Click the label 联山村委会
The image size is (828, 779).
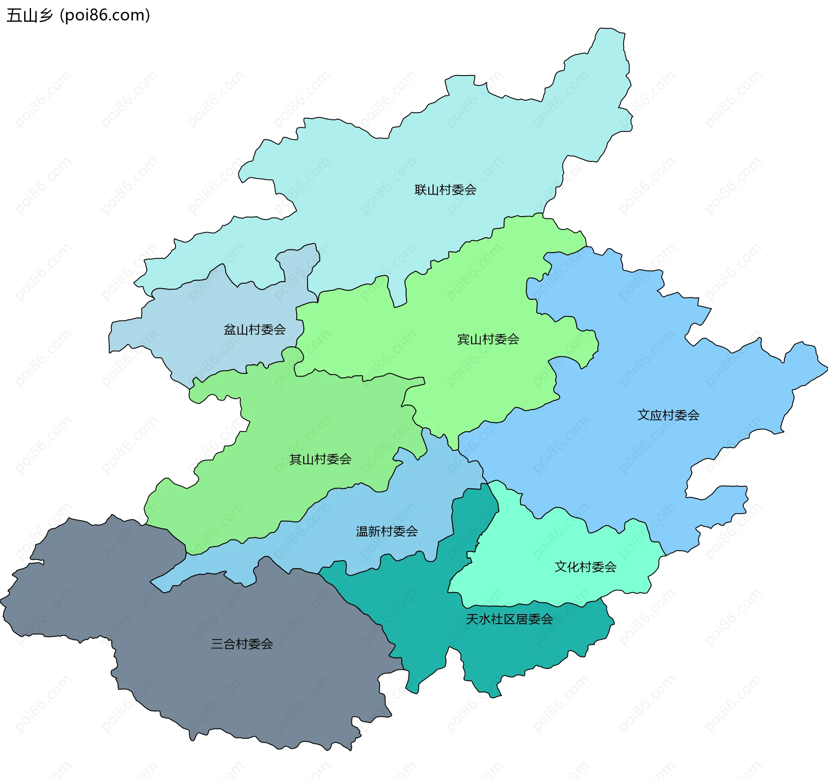coord(445,190)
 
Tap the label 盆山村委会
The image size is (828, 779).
coord(254,330)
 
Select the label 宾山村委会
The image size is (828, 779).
coord(488,339)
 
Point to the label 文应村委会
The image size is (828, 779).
coord(668,415)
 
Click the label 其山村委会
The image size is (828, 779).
coord(320,459)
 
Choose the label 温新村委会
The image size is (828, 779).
coord(386,531)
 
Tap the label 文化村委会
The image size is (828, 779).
coord(585,567)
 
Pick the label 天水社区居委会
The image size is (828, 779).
coord(509,619)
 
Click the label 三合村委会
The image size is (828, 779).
coord(241,644)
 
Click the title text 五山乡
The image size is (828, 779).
coord(29,16)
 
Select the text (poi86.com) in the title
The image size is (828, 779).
coord(105,16)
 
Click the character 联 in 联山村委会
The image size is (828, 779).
coord(420,190)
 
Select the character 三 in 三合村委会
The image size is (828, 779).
coord(217,644)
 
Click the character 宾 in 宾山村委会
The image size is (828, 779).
coord(463,339)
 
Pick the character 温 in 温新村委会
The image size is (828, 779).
coord(362,531)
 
